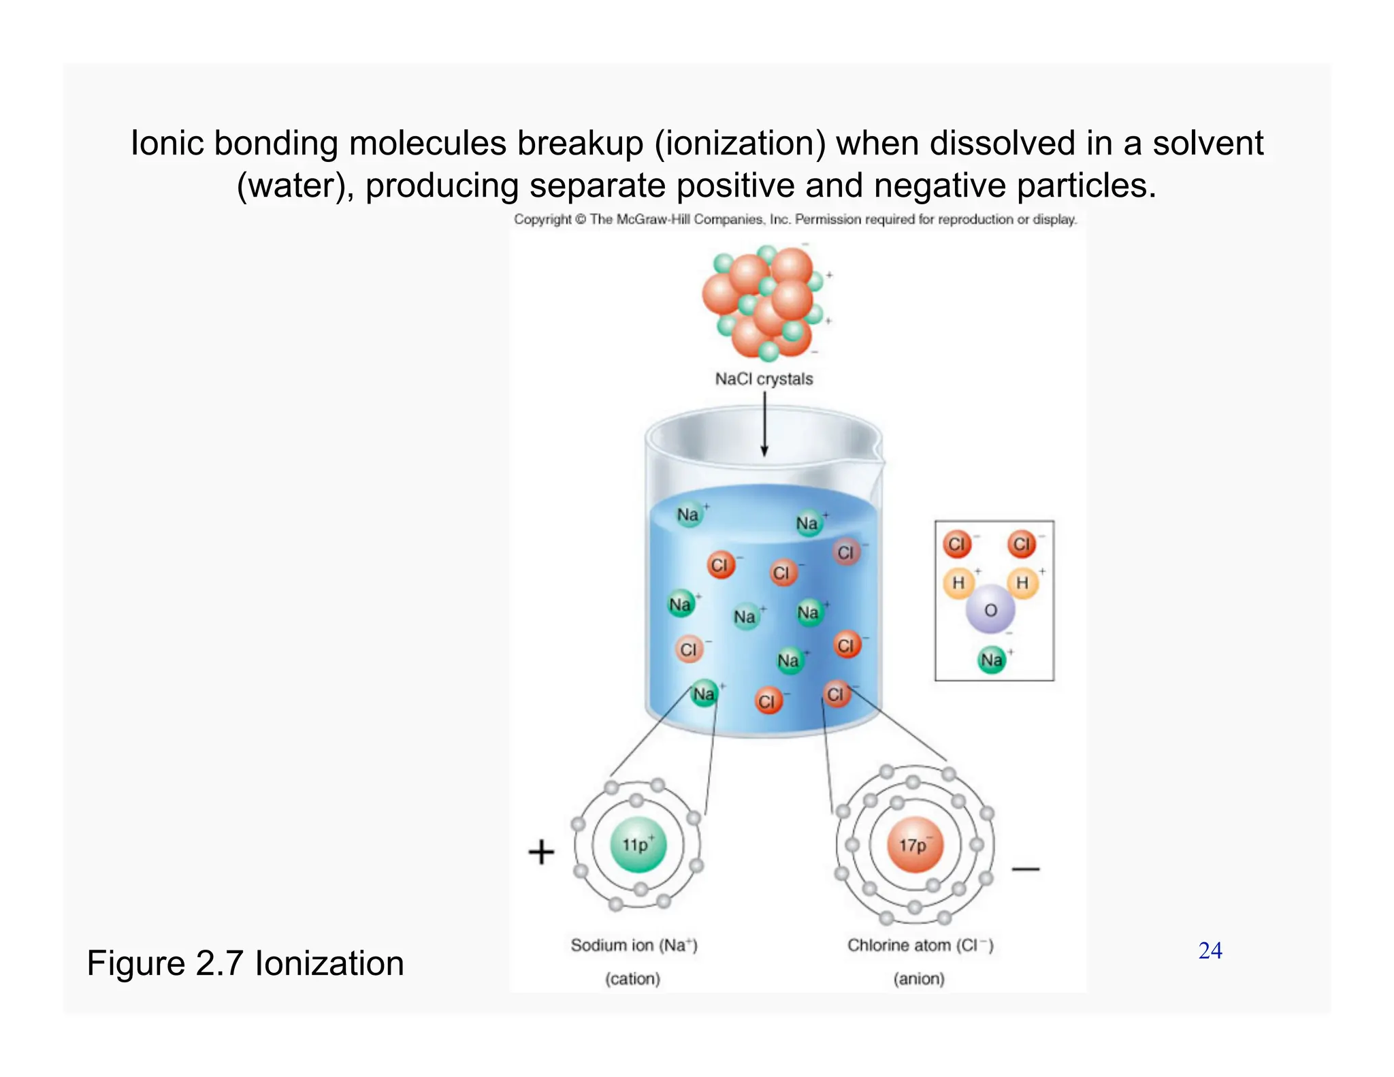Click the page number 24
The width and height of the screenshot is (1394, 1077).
click(x=1210, y=950)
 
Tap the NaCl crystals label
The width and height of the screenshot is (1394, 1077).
click(x=764, y=379)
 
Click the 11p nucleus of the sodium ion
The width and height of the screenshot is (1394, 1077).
click(x=637, y=845)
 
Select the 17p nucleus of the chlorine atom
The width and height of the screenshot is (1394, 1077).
click(x=914, y=845)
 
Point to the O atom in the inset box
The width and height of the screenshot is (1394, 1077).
click(x=990, y=610)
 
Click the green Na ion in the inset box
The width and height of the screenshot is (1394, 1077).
click(x=991, y=660)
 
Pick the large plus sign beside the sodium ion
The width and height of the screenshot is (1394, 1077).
click(x=541, y=852)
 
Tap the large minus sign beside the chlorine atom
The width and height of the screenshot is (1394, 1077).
click(x=1025, y=869)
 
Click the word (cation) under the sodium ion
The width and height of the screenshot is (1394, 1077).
click(x=632, y=978)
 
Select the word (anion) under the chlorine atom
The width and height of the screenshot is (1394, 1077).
click(x=919, y=978)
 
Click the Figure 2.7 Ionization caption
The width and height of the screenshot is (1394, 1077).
click(x=245, y=963)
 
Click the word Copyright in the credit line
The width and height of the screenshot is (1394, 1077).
click(x=542, y=219)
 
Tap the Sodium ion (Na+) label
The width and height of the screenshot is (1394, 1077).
click(x=634, y=945)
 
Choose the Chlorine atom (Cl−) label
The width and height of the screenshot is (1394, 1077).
click(x=920, y=945)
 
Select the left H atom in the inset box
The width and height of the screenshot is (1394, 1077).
click(x=958, y=583)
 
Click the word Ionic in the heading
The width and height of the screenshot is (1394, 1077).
click(x=166, y=144)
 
